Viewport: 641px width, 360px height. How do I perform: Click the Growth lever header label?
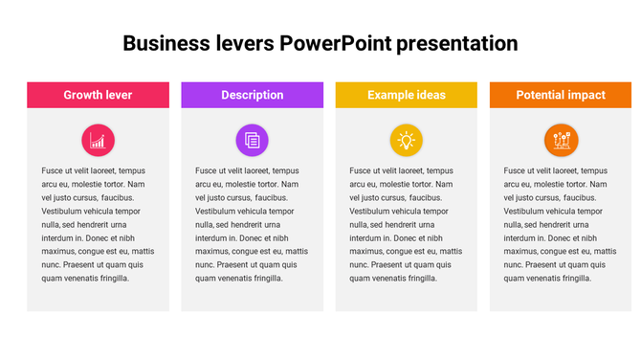98,95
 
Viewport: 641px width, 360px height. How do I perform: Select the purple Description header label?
252,95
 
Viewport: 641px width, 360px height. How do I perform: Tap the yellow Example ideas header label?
406,95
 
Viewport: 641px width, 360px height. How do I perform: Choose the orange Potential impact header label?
560,95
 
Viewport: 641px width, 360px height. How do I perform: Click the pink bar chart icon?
98,141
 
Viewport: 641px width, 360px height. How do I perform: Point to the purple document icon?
252,141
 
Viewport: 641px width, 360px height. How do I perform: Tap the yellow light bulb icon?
406,141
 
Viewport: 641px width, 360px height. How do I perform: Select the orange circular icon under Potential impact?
561,141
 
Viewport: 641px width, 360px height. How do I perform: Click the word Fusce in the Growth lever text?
54,170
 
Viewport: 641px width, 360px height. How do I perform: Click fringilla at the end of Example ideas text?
420,278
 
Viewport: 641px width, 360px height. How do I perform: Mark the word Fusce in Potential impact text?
517,170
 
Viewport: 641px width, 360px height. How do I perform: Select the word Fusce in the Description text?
208,170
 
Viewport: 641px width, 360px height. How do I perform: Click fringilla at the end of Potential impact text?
574,278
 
